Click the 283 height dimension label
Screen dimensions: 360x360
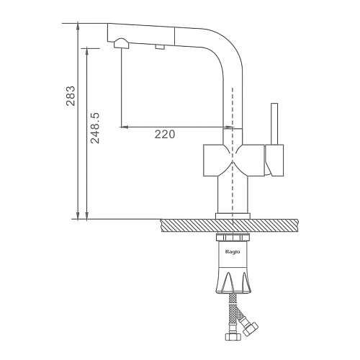[71, 96]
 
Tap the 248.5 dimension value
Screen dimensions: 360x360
[95, 128]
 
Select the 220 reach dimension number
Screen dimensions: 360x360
[165, 135]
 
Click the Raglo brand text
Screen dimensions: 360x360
[233, 252]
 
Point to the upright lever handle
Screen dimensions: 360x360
[274, 124]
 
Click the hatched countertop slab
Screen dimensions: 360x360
[229, 225]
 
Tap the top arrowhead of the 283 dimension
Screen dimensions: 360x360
[78, 27]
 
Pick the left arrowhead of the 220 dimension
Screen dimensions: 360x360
[124, 127]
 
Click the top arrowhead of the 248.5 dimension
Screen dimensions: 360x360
[87, 51]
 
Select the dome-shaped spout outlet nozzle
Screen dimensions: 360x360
[122, 43]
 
